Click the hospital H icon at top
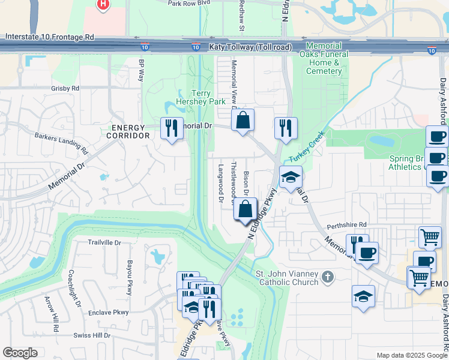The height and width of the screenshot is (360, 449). [103, 4]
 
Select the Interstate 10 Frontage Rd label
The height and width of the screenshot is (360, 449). [50, 37]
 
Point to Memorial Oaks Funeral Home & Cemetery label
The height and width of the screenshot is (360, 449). [324, 58]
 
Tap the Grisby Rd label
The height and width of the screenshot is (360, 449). [65, 88]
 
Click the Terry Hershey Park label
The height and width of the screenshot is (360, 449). [200, 97]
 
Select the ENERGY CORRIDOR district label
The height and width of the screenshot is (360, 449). [128, 131]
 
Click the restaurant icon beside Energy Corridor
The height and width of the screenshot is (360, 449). [172, 128]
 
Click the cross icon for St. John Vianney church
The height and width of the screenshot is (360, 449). [327, 277]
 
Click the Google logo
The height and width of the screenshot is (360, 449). [20, 353]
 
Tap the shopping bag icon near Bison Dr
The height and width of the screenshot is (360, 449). [245, 210]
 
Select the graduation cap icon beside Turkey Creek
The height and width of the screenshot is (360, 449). [291, 177]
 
